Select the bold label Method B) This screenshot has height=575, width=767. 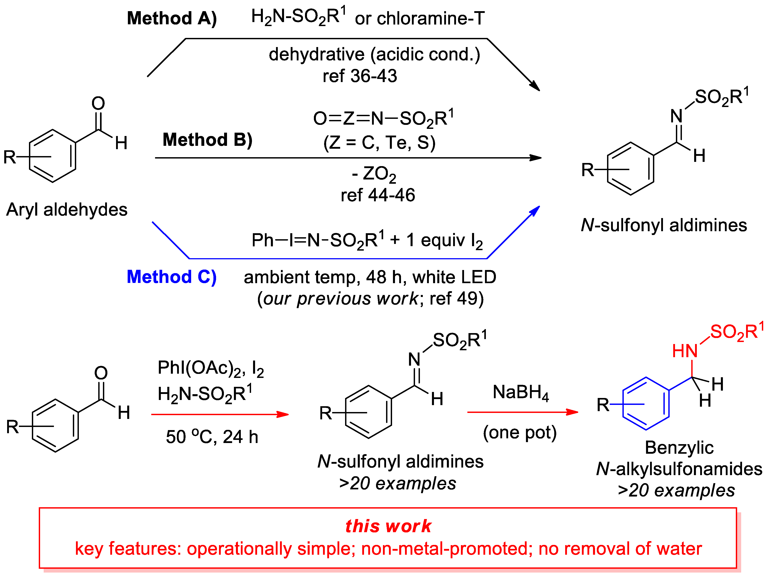(207, 140)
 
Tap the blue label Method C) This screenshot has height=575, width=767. (171, 277)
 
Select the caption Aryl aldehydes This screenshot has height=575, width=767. (67, 210)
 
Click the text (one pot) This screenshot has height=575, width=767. (520, 432)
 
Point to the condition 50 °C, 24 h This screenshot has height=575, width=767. (212, 437)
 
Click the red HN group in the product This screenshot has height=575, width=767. (685, 351)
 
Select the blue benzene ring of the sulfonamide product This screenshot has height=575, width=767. (646, 404)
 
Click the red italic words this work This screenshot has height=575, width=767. (388, 526)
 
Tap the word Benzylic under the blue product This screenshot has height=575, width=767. (679, 448)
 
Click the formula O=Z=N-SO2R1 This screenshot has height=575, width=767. (383, 119)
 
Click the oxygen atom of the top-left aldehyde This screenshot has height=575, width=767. (98, 103)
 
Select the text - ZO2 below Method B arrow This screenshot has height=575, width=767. (374, 174)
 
